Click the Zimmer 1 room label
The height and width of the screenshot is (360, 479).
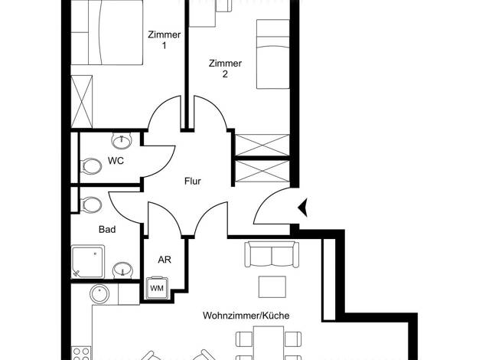pos(164,40)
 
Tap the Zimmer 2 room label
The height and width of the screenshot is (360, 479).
pos(225,68)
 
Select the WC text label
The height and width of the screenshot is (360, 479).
pos(116,161)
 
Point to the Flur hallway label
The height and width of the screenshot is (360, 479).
pos(193,181)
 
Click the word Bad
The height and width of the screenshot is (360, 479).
pos(107,229)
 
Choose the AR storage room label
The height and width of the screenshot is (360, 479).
pos(165,260)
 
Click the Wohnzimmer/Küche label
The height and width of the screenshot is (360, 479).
pos(246,316)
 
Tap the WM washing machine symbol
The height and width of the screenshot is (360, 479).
pos(157,287)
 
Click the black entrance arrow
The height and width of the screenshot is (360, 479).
pos(303,208)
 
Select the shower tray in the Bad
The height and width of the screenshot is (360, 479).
pos(88,261)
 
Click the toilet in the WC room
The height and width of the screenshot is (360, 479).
pos(91,167)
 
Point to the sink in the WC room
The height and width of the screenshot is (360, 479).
pos(122,141)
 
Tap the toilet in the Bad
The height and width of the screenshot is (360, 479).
pos(91,205)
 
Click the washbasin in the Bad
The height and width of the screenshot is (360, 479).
pos(122,270)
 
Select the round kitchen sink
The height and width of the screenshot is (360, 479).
pos(99,294)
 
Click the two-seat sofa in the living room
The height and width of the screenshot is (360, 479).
pos(272,254)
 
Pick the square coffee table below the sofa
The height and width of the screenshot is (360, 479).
pos(272,286)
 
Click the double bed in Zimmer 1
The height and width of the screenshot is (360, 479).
pos(107,32)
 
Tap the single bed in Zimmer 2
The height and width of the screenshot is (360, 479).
pos(273,54)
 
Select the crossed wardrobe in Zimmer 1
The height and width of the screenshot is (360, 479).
pos(82,102)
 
